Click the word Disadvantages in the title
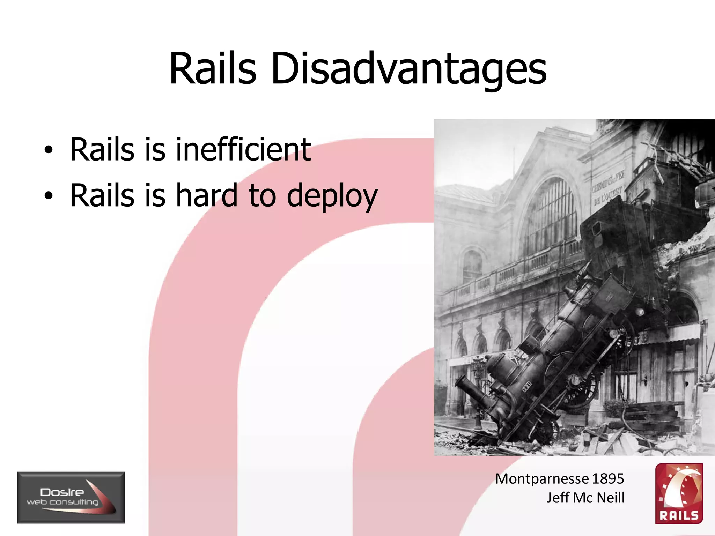tap(408, 69)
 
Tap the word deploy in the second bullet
tap(332, 196)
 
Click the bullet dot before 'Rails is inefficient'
tap(49, 150)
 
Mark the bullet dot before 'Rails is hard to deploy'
tap(49, 196)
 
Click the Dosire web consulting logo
tap(71, 497)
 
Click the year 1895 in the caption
tap(608, 479)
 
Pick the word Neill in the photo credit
tap(611, 498)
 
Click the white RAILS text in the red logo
tap(679, 515)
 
